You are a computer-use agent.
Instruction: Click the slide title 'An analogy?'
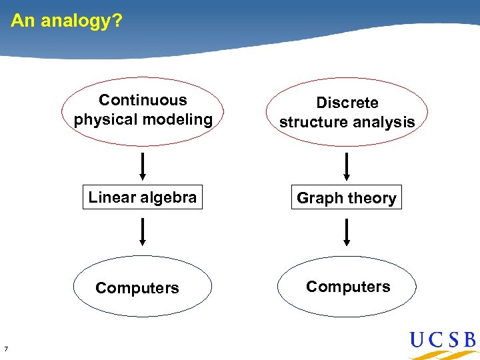pos(67,21)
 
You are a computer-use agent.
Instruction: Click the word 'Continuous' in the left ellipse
pos(143,100)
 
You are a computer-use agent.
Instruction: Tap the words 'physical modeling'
pos(143,119)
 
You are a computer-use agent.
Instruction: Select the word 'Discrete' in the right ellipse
pos(347,103)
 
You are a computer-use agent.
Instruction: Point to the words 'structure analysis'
pos(347,122)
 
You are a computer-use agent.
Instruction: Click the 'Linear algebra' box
pos(142,197)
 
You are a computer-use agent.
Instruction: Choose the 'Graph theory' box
pos(346,198)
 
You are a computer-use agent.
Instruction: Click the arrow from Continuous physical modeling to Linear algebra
pos(142,166)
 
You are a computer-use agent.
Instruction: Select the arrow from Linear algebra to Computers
pos(142,233)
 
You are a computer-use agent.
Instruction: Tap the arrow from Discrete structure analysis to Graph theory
pos(346,166)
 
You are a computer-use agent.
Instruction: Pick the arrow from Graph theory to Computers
pos(346,233)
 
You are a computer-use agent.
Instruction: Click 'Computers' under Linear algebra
pos(137,288)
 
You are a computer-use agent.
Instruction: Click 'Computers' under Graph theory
pos(348,287)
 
